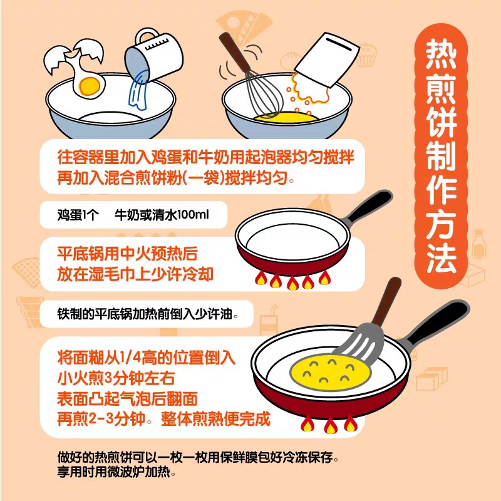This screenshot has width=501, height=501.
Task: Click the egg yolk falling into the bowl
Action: click(89, 85)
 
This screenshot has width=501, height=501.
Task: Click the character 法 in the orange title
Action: click(441, 258)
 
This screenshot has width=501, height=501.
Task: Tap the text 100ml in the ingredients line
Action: click(192, 214)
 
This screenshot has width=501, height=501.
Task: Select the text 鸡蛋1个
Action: click(78, 215)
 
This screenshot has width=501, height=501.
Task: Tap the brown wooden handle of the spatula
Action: click(386, 301)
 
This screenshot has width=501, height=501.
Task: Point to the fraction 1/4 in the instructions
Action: click(130, 358)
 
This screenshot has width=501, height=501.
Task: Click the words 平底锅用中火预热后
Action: click(127, 254)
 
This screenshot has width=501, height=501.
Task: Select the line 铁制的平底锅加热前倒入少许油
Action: click(148, 314)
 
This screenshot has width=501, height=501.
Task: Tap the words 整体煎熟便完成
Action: click(215, 418)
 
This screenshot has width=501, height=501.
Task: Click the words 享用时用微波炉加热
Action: click(116, 472)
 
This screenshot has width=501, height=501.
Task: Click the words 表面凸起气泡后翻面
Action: click(127, 399)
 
